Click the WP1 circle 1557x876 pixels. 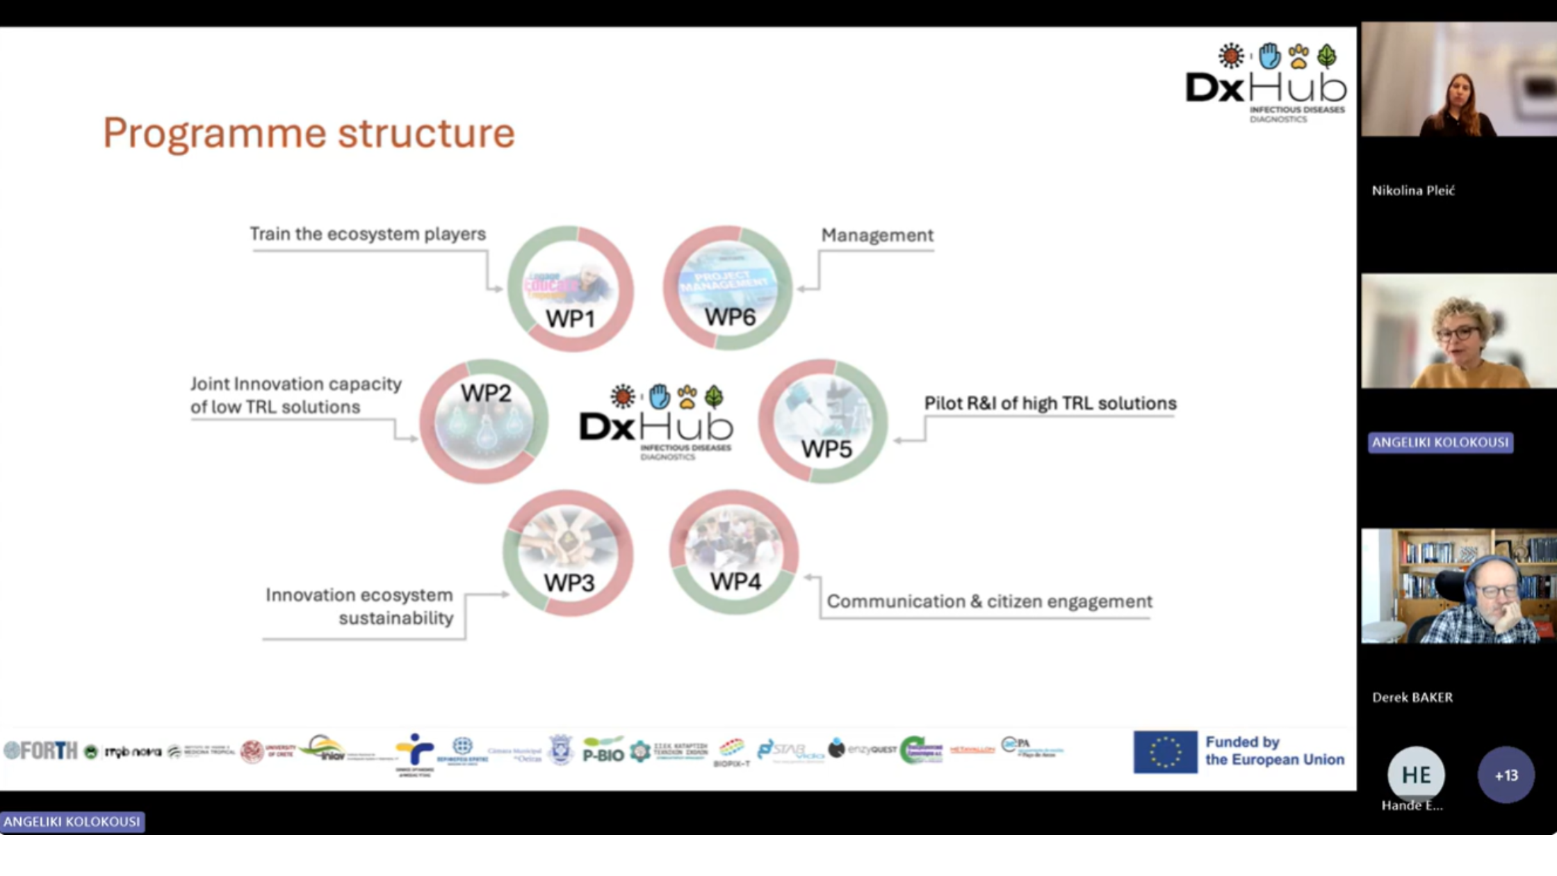tap(570, 288)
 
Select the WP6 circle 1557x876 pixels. tap(727, 287)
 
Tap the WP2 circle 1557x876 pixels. tap(484, 421)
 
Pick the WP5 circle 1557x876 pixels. tap(823, 421)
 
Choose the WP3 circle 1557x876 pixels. tap(569, 553)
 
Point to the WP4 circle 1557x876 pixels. tap(734, 552)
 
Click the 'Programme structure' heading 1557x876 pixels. tap(309, 132)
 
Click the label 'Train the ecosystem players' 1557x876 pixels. tap(368, 234)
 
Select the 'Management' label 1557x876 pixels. tap(877, 235)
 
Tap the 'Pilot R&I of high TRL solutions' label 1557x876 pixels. tap(1050, 403)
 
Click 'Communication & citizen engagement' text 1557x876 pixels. tap(989, 601)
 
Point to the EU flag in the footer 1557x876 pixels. tap(1165, 752)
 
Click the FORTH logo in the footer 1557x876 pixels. tap(42, 751)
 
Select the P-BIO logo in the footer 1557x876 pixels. tap(603, 751)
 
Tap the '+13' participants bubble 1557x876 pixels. tap(1506, 775)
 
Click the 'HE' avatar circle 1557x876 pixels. tap(1416, 774)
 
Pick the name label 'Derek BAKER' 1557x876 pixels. tap(1412, 697)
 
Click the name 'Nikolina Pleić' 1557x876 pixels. tap(1413, 190)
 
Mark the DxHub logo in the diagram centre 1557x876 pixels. tap(656, 421)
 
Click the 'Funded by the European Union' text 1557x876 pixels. tap(1275, 751)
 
